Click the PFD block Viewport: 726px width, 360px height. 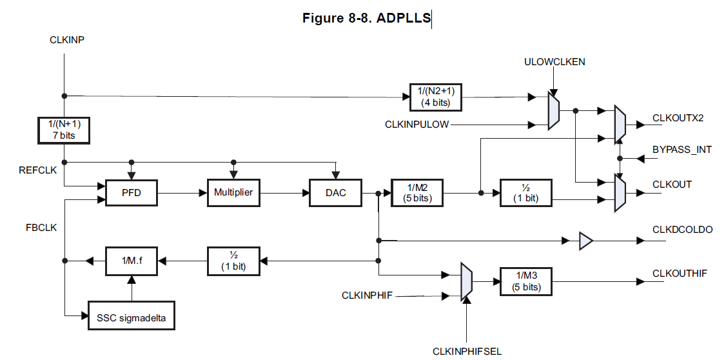point(131,192)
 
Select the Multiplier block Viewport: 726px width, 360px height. point(233,192)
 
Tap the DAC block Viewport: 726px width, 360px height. point(335,192)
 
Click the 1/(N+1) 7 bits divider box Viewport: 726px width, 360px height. point(64,130)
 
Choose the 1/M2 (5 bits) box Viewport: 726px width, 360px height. point(417,192)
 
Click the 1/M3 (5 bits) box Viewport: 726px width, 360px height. point(526,281)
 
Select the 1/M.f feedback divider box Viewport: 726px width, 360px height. point(131,260)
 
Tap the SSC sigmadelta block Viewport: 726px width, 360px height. point(131,316)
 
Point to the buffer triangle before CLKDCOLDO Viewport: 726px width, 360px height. point(585,241)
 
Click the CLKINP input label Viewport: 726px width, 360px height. point(67,40)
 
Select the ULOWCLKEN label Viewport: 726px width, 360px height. point(555,61)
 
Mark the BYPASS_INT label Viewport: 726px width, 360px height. point(682,150)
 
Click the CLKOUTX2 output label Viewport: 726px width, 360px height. point(678,118)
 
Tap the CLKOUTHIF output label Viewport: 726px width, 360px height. point(680,274)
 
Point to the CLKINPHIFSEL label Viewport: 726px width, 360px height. point(467,351)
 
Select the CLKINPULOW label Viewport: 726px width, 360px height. point(417,124)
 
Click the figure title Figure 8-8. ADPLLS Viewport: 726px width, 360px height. point(366,18)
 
